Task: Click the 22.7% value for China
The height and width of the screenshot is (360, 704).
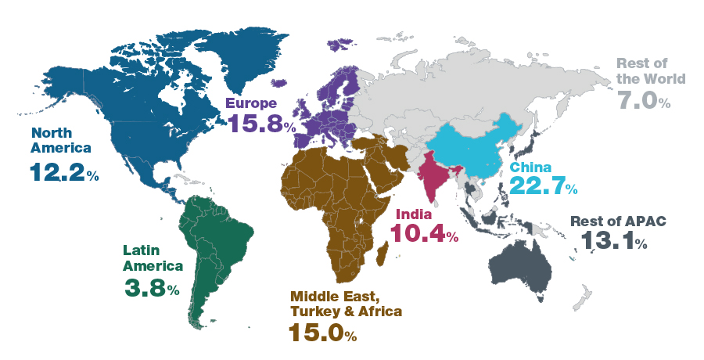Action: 543,185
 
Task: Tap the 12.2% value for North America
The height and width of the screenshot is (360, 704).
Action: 64,172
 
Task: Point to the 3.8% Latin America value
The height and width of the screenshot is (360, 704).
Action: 152,287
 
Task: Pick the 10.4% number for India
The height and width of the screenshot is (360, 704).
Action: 424,232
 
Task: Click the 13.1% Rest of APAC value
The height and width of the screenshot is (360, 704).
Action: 613,241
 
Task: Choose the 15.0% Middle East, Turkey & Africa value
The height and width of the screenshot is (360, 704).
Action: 322,333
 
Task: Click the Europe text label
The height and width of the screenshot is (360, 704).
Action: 250,103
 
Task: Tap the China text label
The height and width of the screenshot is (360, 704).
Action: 531,167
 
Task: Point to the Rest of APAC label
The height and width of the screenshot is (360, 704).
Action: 618,221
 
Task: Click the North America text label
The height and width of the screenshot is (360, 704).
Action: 62,140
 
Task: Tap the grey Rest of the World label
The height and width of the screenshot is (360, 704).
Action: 651,71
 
